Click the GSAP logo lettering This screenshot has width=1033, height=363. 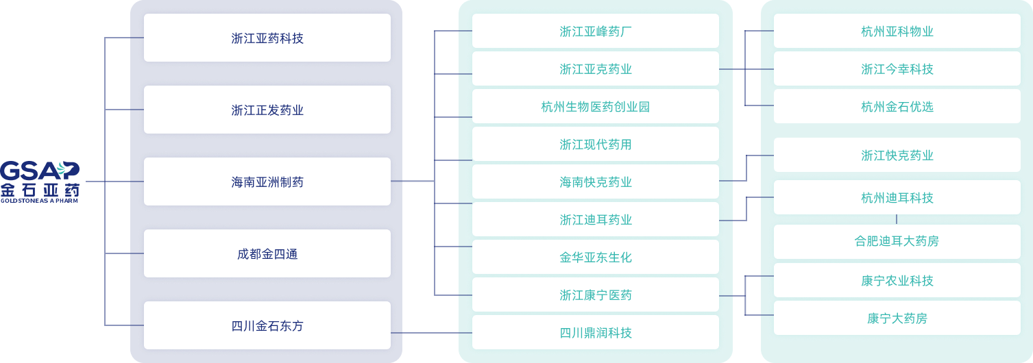pyautogui.click(x=40, y=171)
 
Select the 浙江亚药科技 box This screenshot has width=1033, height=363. pyautogui.click(x=267, y=38)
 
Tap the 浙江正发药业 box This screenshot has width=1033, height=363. pyautogui.click(x=267, y=110)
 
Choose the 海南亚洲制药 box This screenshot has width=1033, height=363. pyautogui.click(x=267, y=181)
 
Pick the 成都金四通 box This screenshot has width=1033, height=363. pyautogui.click(x=267, y=253)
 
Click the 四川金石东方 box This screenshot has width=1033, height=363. pyautogui.click(x=267, y=325)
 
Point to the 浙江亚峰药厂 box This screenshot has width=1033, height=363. pyautogui.click(x=596, y=31)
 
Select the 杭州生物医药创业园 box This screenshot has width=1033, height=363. pyautogui.click(x=596, y=106)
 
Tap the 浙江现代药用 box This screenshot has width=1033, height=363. pyautogui.click(x=596, y=145)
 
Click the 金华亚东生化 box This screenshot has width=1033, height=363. pyautogui.click(x=596, y=257)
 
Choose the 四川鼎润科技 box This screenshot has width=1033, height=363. pyautogui.click(x=596, y=333)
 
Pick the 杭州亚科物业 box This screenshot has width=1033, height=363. pyautogui.click(x=897, y=31)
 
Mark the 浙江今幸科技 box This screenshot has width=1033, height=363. pyautogui.click(x=897, y=68)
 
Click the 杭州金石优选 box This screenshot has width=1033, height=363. pyautogui.click(x=897, y=106)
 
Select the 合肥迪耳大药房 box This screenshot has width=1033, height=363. pyautogui.click(x=897, y=241)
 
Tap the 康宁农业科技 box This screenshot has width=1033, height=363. pyautogui.click(x=897, y=280)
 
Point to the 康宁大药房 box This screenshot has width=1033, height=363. pyautogui.click(x=897, y=318)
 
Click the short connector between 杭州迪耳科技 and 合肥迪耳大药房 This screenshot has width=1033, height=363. pyautogui.click(x=897, y=219)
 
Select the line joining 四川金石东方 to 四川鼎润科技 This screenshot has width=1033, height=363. pyautogui.click(x=431, y=333)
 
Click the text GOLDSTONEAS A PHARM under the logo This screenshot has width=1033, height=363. pyautogui.click(x=39, y=201)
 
